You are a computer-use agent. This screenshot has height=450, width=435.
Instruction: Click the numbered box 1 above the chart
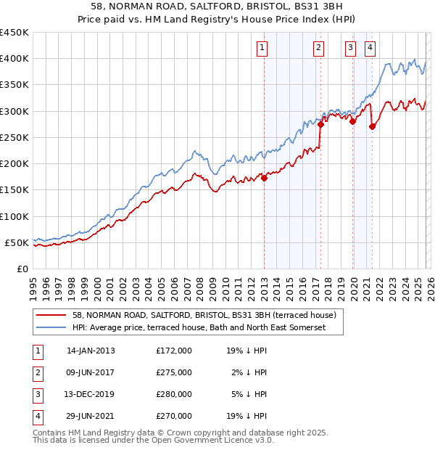pyautogui.click(x=261, y=49)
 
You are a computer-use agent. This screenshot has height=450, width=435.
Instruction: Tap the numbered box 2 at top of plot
pyautogui.click(x=318, y=49)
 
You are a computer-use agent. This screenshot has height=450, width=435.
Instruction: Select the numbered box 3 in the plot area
pyautogui.click(x=350, y=49)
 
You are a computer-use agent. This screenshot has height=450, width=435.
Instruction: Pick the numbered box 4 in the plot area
pyautogui.click(x=370, y=49)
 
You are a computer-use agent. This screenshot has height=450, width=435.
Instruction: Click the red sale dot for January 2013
pyautogui.click(x=264, y=179)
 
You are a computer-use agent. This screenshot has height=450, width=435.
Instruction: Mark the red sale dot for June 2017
pyautogui.click(x=320, y=124)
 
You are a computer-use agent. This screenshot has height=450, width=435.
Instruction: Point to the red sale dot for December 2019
pyautogui.click(x=352, y=122)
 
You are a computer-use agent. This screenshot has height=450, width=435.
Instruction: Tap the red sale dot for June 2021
pyautogui.click(x=372, y=127)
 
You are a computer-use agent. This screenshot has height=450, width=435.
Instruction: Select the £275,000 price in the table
pyautogui.click(x=174, y=372)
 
